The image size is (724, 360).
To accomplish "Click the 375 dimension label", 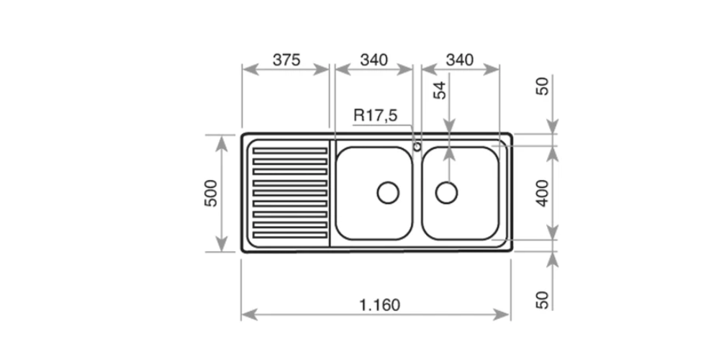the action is click(286, 60).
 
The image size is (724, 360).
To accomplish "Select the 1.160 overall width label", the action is click(379, 305).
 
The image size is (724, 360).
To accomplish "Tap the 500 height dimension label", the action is click(211, 193).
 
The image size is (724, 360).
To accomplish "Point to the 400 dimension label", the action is click(543, 193).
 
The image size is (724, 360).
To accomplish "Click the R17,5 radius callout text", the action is click(376, 115).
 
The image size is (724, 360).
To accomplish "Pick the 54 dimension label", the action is click(440, 90).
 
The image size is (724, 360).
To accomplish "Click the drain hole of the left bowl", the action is click(388, 193).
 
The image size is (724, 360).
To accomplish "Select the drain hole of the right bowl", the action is click(446, 193).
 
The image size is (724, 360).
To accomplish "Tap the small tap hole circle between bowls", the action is click(417, 147).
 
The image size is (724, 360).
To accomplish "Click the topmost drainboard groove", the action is click(289, 150).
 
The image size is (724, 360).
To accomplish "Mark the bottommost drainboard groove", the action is click(289, 235).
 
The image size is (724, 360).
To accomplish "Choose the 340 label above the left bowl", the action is click(374, 60).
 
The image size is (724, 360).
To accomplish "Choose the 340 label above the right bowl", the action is click(459, 60).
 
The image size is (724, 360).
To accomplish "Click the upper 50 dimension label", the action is click(543, 86).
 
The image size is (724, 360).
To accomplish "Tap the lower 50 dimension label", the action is click(543, 300).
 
